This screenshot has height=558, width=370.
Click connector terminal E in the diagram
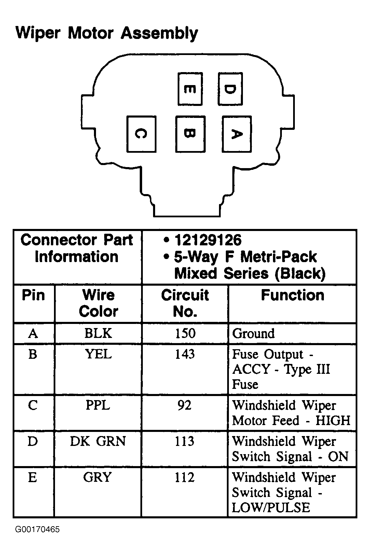[x=190, y=89]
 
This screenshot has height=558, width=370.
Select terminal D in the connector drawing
[x=230, y=89]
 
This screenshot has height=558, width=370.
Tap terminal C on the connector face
[x=141, y=134]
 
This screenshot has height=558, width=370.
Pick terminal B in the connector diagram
[x=190, y=134]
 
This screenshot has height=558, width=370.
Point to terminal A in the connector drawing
[x=236, y=134]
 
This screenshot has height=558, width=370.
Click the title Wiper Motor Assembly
[x=107, y=33]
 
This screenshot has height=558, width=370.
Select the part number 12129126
[x=208, y=240]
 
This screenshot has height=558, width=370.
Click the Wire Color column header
[x=98, y=303]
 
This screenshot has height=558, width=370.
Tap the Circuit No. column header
[x=185, y=303]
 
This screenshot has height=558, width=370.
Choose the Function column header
[x=292, y=295]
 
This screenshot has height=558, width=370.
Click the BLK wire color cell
[x=98, y=334]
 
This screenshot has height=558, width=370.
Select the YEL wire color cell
[x=98, y=354]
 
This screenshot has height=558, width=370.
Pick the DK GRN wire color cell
[x=98, y=441]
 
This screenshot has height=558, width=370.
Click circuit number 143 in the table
[x=185, y=354]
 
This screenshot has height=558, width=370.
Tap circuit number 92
[x=184, y=405]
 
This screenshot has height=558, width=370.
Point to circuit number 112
[x=184, y=477]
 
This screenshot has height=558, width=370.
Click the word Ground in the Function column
[x=253, y=334]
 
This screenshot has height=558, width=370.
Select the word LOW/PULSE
[x=271, y=507]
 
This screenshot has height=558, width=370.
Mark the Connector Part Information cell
[x=77, y=248]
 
